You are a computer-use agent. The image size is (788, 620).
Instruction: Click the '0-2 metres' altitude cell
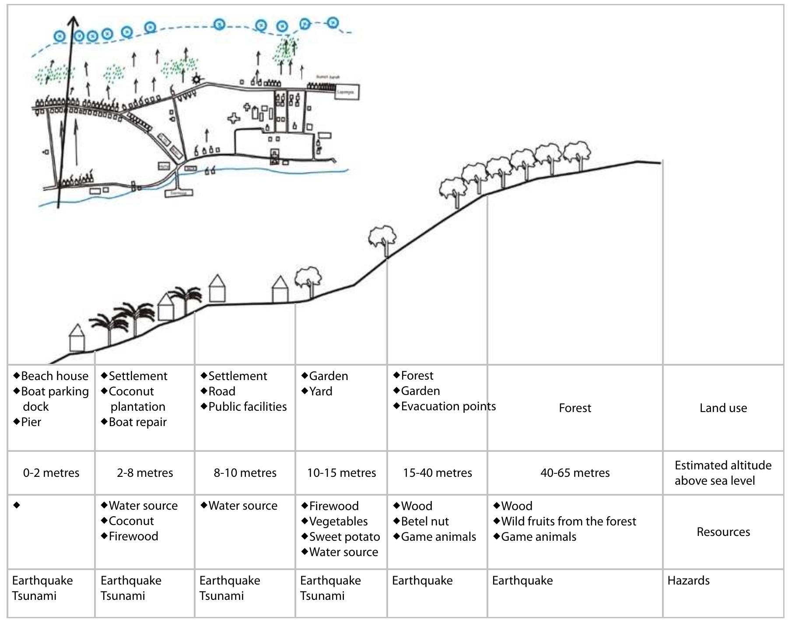pyautogui.click(x=51, y=473)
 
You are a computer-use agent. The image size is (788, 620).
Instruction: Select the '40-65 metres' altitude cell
pyautogui.click(x=574, y=473)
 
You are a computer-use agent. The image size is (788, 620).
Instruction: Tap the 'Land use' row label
pyautogui.click(x=723, y=408)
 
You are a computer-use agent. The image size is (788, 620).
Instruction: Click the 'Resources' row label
pyautogui.click(x=723, y=532)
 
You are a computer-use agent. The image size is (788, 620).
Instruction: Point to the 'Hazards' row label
pyautogui.click(x=688, y=581)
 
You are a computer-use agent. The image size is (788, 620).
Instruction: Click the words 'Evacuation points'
pyautogui.click(x=448, y=406)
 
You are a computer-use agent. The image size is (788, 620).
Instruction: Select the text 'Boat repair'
pyautogui.click(x=137, y=422)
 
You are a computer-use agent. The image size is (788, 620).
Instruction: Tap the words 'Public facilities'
pyautogui.click(x=247, y=407)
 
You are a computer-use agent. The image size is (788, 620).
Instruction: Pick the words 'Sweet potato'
pyautogui.click(x=344, y=537)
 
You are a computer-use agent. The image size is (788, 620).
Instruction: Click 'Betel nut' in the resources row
pyautogui.click(x=424, y=521)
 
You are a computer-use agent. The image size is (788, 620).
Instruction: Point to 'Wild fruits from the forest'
pyautogui.click(x=568, y=521)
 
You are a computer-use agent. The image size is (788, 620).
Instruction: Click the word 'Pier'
pyautogui.click(x=31, y=422)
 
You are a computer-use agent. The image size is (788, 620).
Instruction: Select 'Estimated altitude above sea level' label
pyautogui.click(x=723, y=473)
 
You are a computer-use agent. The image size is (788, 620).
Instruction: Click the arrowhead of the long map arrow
pyautogui.click(x=74, y=21)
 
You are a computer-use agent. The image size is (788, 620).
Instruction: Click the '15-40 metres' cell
pyautogui.click(x=437, y=473)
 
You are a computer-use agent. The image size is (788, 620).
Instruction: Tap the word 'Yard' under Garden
pyautogui.click(x=320, y=391)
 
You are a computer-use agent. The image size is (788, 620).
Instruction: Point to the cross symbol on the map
pyautogui.click(x=235, y=118)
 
